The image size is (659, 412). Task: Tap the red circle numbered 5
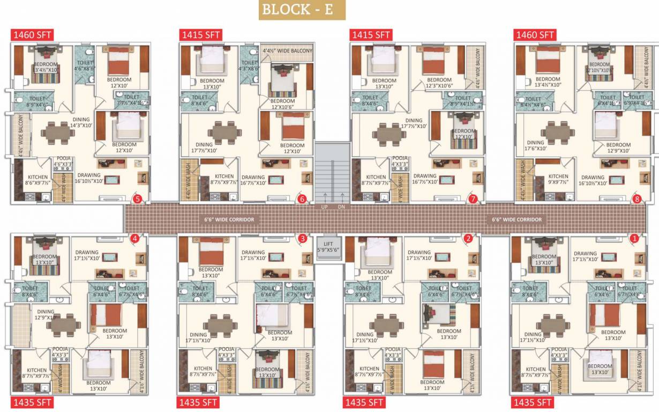point(138,200)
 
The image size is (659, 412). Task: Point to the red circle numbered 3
point(303,238)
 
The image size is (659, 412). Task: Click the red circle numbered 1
point(635,238)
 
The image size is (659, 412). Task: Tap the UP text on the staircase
point(324,207)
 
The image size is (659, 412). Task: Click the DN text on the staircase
point(341,207)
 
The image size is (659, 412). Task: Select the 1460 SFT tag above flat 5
point(31,35)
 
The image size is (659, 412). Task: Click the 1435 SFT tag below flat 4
point(31,402)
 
